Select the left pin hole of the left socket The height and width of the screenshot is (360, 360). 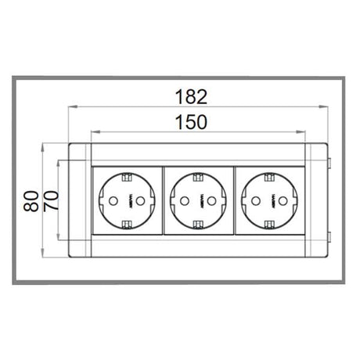coord(112,201)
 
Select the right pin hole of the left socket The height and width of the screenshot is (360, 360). coord(141,201)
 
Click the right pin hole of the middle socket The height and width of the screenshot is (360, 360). coord(212,201)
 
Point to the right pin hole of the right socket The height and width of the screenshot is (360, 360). coord(284,201)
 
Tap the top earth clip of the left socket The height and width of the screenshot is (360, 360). coord(127,175)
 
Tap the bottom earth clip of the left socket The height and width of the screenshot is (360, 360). coord(127,226)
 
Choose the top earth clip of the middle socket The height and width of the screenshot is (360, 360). coord(198,175)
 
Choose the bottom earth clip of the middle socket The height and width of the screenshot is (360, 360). coord(198,226)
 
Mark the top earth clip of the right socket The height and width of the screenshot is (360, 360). coord(270,175)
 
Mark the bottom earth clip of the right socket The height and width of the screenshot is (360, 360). coord(270,226)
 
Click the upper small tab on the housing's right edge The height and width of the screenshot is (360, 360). coord(329,164)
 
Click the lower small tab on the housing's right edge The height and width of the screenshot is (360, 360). coord(329,236)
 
